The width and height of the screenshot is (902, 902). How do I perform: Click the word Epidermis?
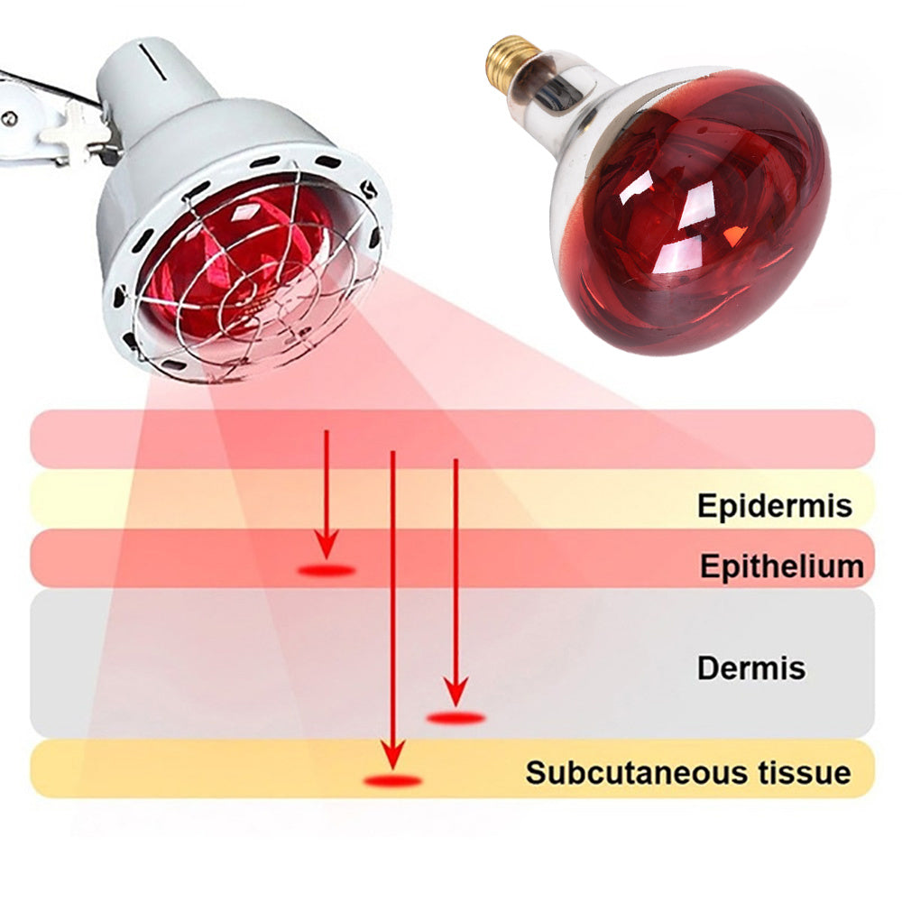point(774,505)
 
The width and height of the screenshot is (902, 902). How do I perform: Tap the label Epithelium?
point(781,566)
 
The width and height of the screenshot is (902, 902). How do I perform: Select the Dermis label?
point(750,668)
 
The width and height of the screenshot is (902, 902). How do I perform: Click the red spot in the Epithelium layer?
point(326,570)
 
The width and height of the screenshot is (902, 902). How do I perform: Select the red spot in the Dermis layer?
point(456,718)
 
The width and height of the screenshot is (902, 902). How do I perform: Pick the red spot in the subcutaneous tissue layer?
point(391,780)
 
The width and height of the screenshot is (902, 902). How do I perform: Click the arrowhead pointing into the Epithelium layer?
point(327,545)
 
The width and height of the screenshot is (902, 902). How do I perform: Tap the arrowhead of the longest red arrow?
point(391,750)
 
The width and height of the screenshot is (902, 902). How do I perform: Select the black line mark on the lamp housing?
point(156,65)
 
